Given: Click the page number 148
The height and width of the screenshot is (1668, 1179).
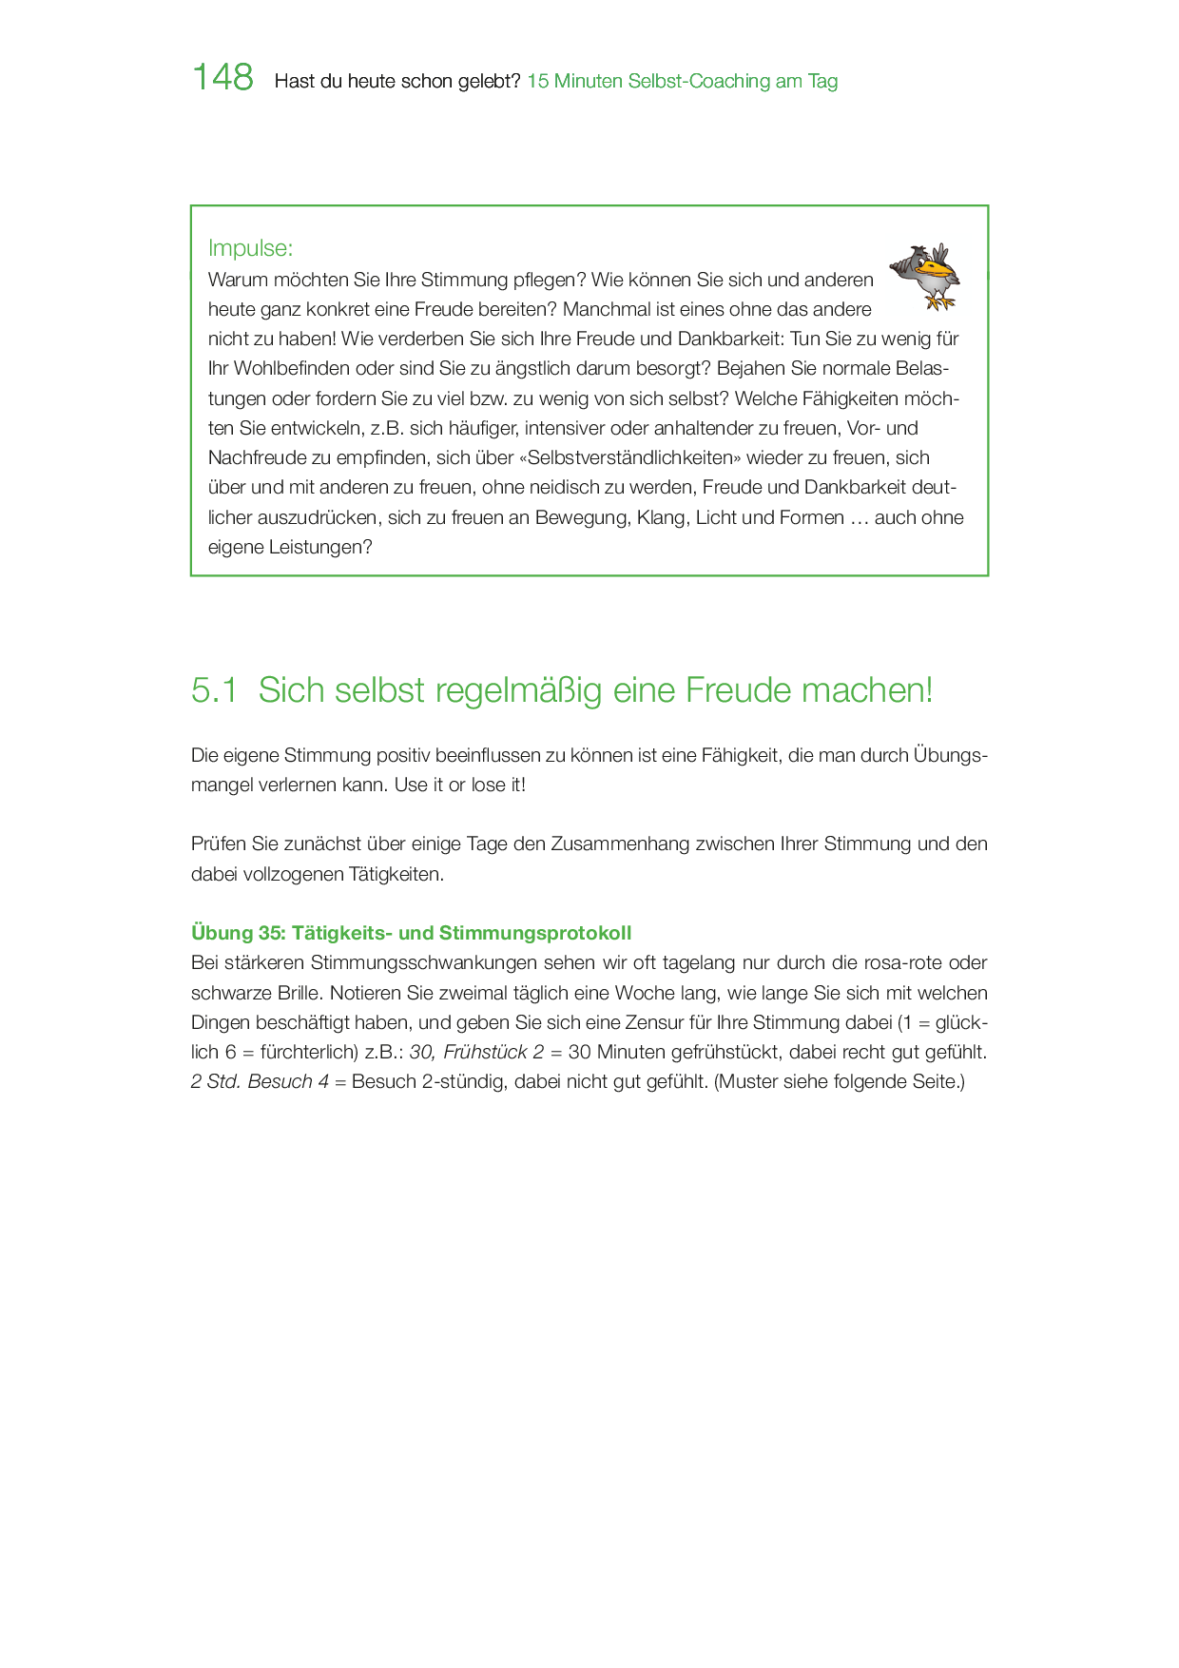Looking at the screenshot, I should (222, 78).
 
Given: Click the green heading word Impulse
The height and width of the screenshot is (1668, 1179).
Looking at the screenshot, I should (249, 248).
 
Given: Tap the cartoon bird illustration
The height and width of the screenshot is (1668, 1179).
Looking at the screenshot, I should (925, 276).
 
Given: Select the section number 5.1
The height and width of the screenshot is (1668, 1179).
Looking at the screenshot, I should (214, 690).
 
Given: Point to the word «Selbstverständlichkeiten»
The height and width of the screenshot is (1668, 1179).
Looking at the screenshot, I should (629, 457).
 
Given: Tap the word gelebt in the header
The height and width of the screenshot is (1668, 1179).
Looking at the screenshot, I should (487, 82).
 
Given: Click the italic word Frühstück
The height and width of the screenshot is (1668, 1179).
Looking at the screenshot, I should (485, 1052).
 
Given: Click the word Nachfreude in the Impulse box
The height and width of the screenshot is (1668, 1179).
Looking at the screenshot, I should (257, 457).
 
